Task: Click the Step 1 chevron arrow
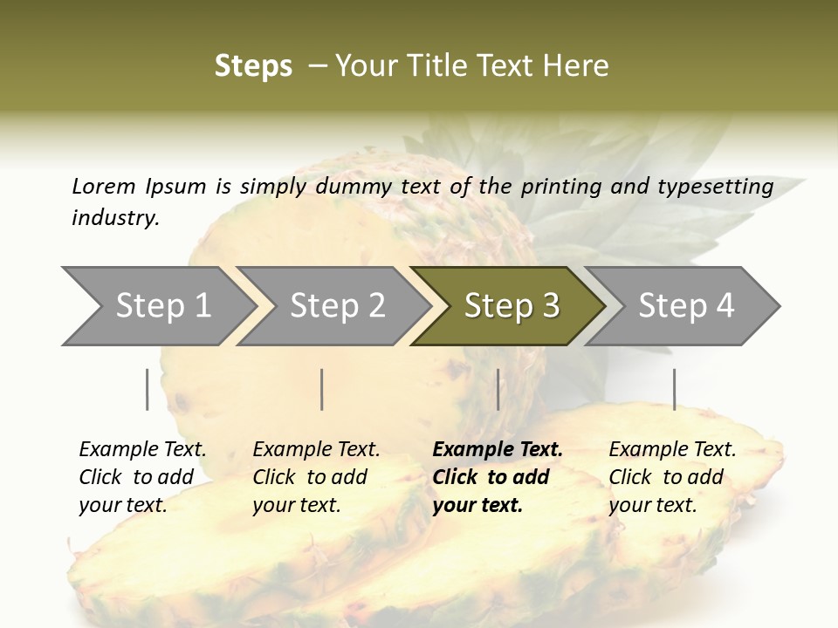(157, 306)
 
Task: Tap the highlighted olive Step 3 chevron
(510, 306)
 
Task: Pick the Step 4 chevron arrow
(684, 306)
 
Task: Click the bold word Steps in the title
(253, 66)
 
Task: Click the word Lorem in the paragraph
(103, 186)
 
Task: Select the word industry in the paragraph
(114, 218)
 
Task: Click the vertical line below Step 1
(148, 389)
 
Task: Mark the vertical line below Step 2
(322, 389)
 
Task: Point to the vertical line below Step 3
(498, 389)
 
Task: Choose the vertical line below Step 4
(674, 389)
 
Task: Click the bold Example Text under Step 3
(498, 477)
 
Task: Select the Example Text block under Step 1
(142, 477)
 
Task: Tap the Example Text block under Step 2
(316, 477)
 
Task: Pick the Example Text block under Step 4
(672, 477)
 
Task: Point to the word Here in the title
(580, 66)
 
